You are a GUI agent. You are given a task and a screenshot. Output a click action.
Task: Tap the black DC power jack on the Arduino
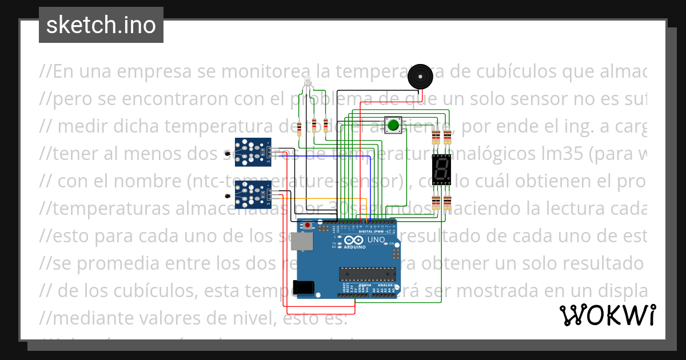[303, 287]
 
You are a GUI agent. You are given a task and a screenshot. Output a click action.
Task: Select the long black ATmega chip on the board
[366, 274]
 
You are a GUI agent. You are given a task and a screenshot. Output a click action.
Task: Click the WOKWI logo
[607, 315]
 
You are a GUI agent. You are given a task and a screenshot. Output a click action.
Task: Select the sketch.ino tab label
[101, 25]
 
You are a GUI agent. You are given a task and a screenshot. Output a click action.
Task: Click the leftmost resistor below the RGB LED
[299, 126]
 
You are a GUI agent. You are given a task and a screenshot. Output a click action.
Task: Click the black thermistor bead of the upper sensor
[229, 153]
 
